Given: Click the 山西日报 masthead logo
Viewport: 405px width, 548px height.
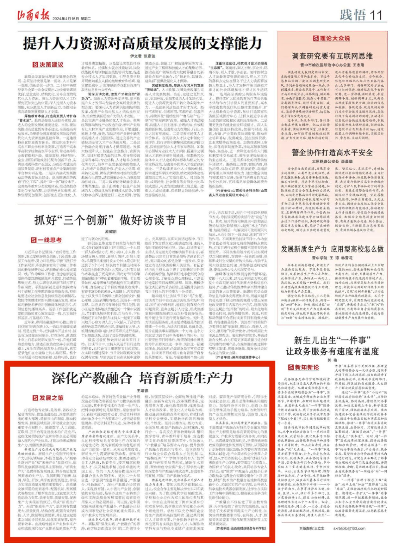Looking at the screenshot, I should (33, 15).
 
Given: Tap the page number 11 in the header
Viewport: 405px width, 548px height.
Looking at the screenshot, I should (376, 15).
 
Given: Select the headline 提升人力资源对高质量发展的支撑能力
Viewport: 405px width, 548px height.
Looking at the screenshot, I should (143, 43).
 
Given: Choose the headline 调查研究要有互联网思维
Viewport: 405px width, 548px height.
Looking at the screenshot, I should (332, 56).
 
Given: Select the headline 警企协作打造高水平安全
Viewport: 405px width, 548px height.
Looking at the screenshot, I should (332, 153).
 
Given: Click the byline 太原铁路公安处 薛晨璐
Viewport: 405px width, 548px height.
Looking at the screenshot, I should (332, 161).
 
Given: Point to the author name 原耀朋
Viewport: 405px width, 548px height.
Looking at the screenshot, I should (111, 231).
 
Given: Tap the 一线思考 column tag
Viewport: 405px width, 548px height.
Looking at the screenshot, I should (47, 240).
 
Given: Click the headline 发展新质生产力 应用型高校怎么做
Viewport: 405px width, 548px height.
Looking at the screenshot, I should (332, 249).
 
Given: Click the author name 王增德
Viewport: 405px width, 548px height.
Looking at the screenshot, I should (142, 391).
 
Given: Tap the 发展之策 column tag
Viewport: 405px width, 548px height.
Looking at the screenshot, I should (48, 398).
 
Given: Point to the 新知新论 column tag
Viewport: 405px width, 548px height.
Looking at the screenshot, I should (303, 367).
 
